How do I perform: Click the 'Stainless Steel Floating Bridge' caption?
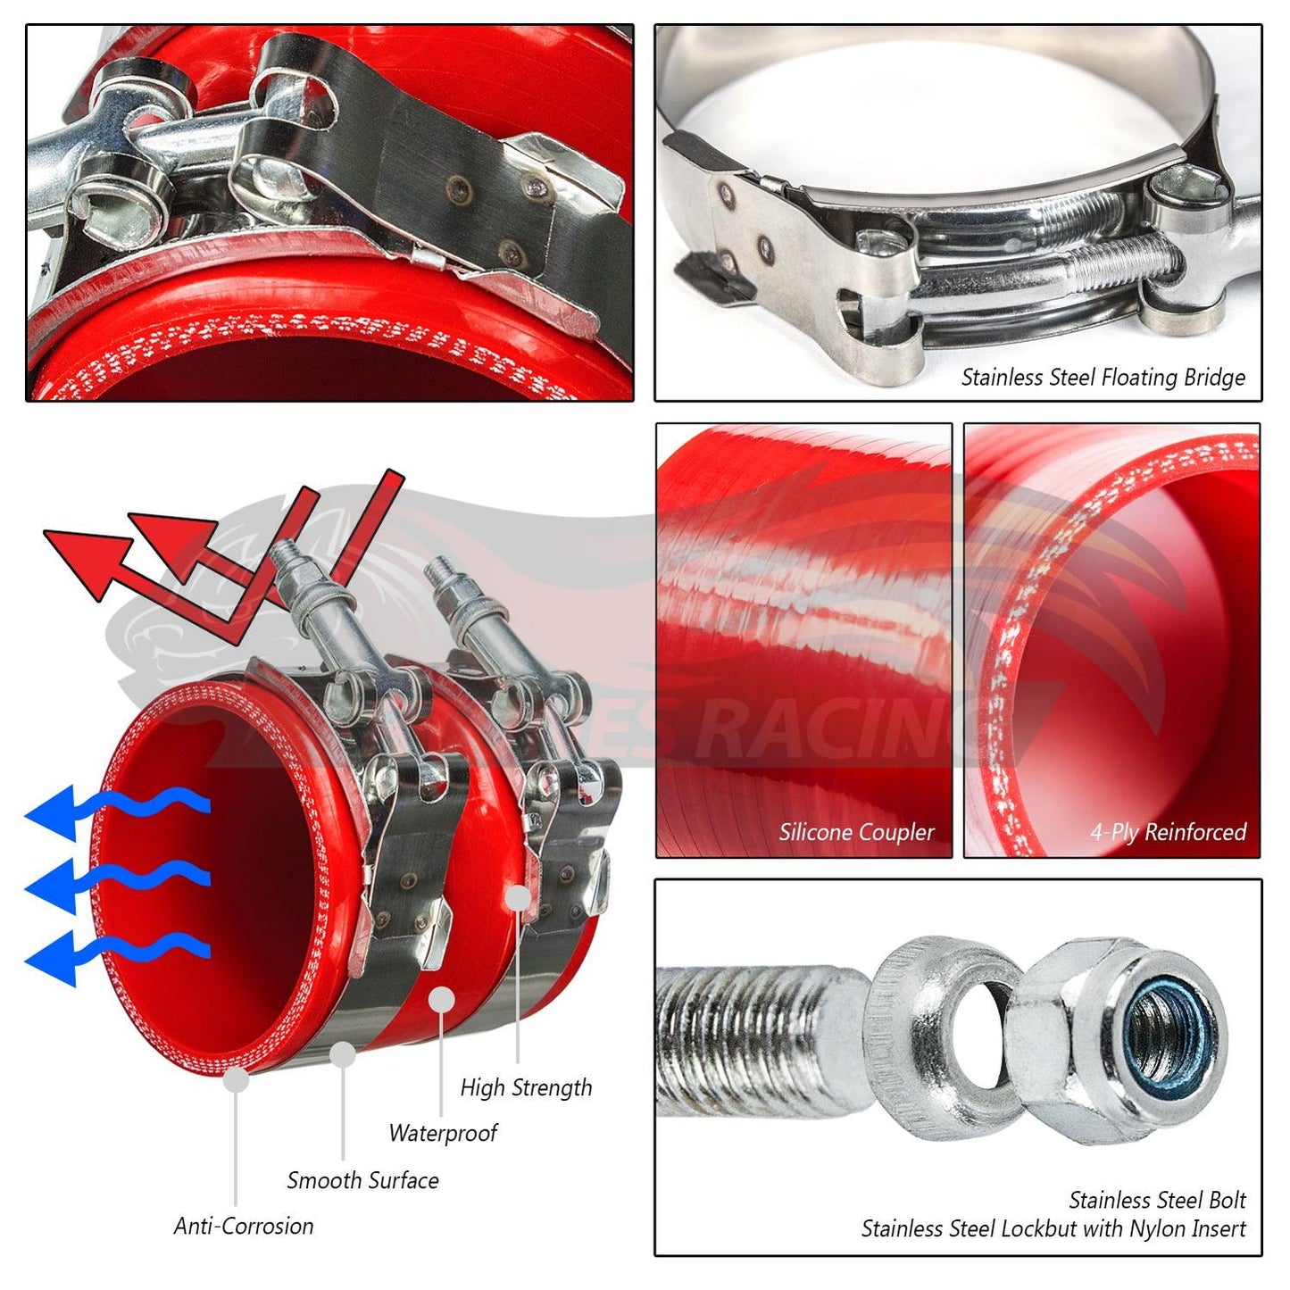coord(1103,378)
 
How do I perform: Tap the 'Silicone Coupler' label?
coord(855,832)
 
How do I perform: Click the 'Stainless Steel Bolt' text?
coord(1156,1200)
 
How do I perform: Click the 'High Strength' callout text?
coord(526,1087)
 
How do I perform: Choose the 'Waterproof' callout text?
coord(443,1134)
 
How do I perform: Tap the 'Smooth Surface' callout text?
coord(362,1180)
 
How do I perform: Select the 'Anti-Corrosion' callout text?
coord(244,1227)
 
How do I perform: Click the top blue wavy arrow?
coord(116,808)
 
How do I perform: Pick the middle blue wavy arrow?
coord(116,880)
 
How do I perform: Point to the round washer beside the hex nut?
coord(946,1036)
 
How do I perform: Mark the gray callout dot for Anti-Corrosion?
coord(236,1079)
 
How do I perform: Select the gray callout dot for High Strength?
coord(518,897)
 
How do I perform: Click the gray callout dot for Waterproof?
coord(441,1000)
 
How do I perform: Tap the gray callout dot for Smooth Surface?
coord(343,1055)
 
